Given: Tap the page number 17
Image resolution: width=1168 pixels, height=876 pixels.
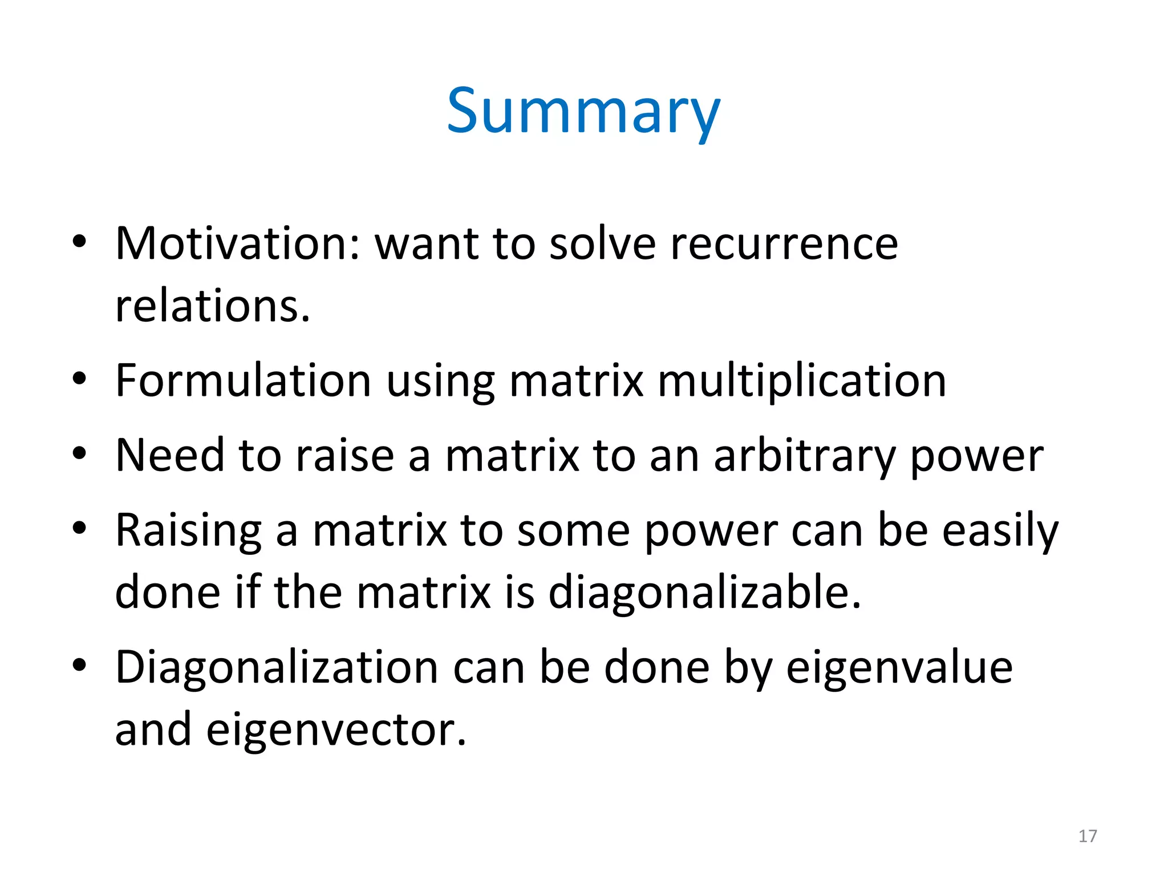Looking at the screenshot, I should tap(1088, 836).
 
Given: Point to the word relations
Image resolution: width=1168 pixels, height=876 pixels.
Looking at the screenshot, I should tap(213, 306).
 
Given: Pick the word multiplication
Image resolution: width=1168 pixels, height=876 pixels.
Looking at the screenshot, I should tap(802, 382).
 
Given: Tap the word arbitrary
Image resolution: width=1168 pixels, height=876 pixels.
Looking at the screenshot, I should tap(804, 456).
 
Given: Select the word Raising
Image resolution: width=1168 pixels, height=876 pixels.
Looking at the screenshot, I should tap(188, 531).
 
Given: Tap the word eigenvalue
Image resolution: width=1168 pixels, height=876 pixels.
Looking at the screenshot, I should tap(899, 668).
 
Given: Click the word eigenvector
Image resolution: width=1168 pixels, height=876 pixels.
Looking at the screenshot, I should tap(336, 730).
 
